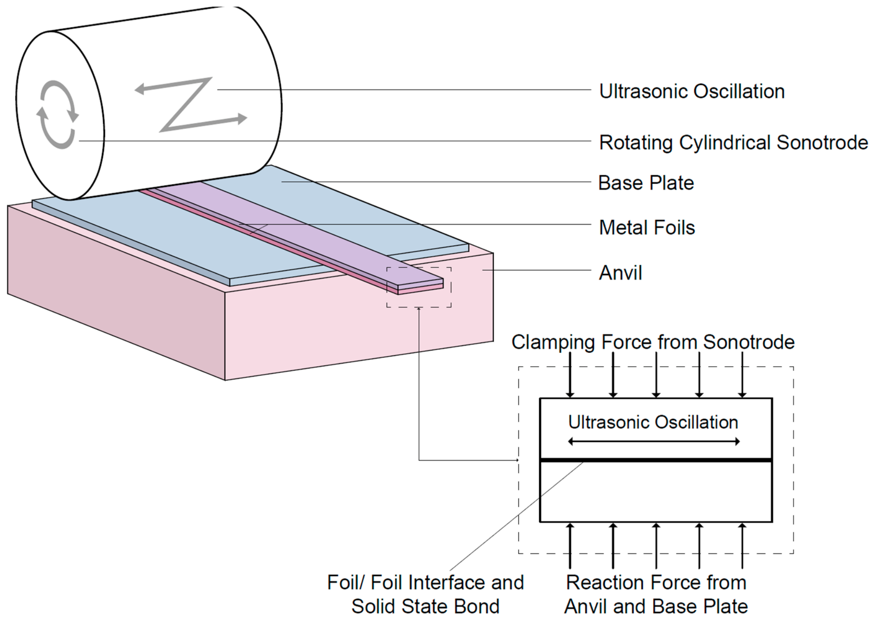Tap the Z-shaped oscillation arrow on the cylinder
(x=190, y=104)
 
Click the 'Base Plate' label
(x=646, y=182)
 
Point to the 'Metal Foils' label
(x=647, y=227)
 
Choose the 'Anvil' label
(x=620, y=273)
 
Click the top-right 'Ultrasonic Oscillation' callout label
(x=692, y=91)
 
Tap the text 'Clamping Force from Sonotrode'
(x=653, y=342)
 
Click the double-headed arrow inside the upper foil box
(x=654, y=441)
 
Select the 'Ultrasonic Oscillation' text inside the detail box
(x=653, y=422)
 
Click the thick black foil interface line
(x=656, y=460)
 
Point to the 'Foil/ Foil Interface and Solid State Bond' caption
(x=425, y=594)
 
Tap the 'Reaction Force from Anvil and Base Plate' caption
(x=656, y=594)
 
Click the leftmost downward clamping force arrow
(x=570, y=374)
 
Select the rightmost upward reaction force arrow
(x=742, y=545)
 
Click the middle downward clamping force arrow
(x=656, y=374)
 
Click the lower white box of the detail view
(x=656, y=492)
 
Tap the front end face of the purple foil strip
(x=420, y=286)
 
